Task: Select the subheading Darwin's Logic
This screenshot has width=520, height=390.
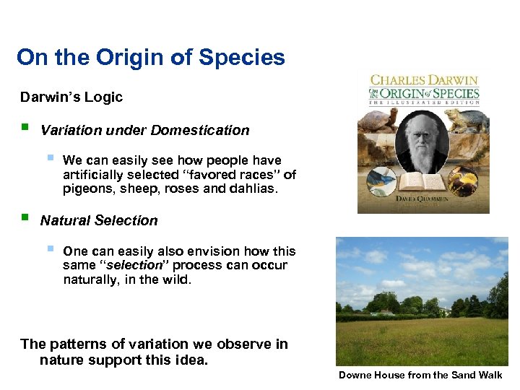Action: click(71, 97)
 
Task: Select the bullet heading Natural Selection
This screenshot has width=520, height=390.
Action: click(99, 221)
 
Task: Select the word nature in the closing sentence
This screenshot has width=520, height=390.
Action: click(61, 360)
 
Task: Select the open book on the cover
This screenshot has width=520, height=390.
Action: click(423, 180)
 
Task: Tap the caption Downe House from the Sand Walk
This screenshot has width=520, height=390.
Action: click(420, 376)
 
